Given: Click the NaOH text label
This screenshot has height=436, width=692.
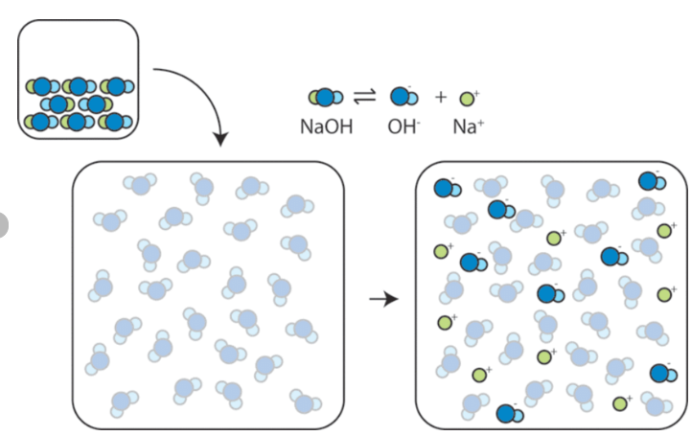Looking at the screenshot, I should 327,126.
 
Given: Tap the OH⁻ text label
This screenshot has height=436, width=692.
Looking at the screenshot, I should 404,126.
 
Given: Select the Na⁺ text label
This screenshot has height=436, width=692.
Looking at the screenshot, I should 468,126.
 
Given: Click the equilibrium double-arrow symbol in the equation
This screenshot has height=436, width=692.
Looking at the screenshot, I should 365,97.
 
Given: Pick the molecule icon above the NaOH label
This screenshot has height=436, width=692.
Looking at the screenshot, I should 325,97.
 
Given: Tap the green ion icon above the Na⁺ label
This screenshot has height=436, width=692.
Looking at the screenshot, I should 468,98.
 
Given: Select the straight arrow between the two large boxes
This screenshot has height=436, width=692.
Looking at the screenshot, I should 383,300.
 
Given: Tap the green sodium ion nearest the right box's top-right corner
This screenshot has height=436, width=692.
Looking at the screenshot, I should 664,231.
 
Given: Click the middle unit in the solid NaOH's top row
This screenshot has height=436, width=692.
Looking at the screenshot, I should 78,87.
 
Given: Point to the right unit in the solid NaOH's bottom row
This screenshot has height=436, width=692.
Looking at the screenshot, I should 116,122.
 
